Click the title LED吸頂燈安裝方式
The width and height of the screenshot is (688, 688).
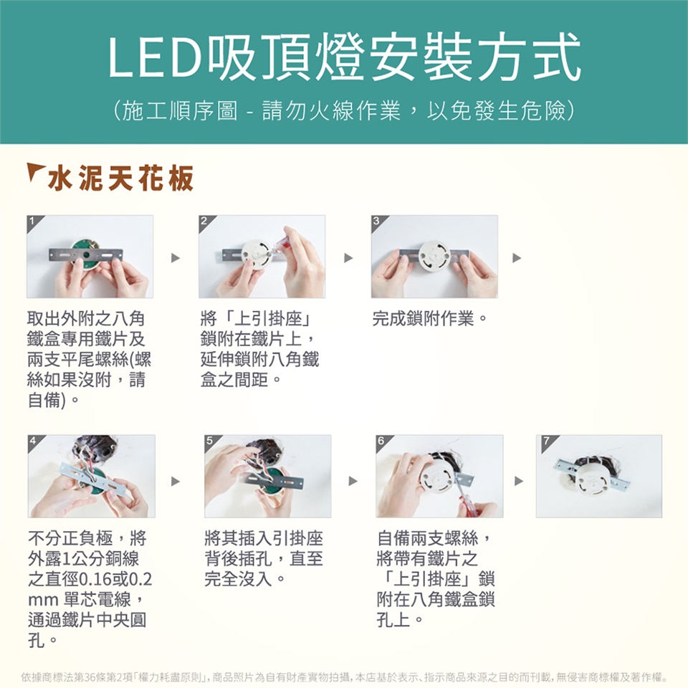[345, 57]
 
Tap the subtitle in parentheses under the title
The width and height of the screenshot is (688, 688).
[344, 110]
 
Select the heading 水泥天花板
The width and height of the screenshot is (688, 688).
[120, 178]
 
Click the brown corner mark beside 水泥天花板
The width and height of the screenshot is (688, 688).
[35, 171]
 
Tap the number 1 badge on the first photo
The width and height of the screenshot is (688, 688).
[32, 220]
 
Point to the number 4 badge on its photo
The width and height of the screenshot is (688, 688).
[34, 440]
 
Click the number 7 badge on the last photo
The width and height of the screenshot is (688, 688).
[546, 440]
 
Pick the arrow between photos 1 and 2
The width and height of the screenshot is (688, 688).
[176, 257]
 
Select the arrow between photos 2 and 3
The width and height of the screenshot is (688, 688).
[348, 257]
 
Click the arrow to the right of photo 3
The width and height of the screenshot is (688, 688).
[517, 257]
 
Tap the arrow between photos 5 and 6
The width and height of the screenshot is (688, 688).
[353, 482]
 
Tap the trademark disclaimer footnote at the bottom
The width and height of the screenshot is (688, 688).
[344, 677]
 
